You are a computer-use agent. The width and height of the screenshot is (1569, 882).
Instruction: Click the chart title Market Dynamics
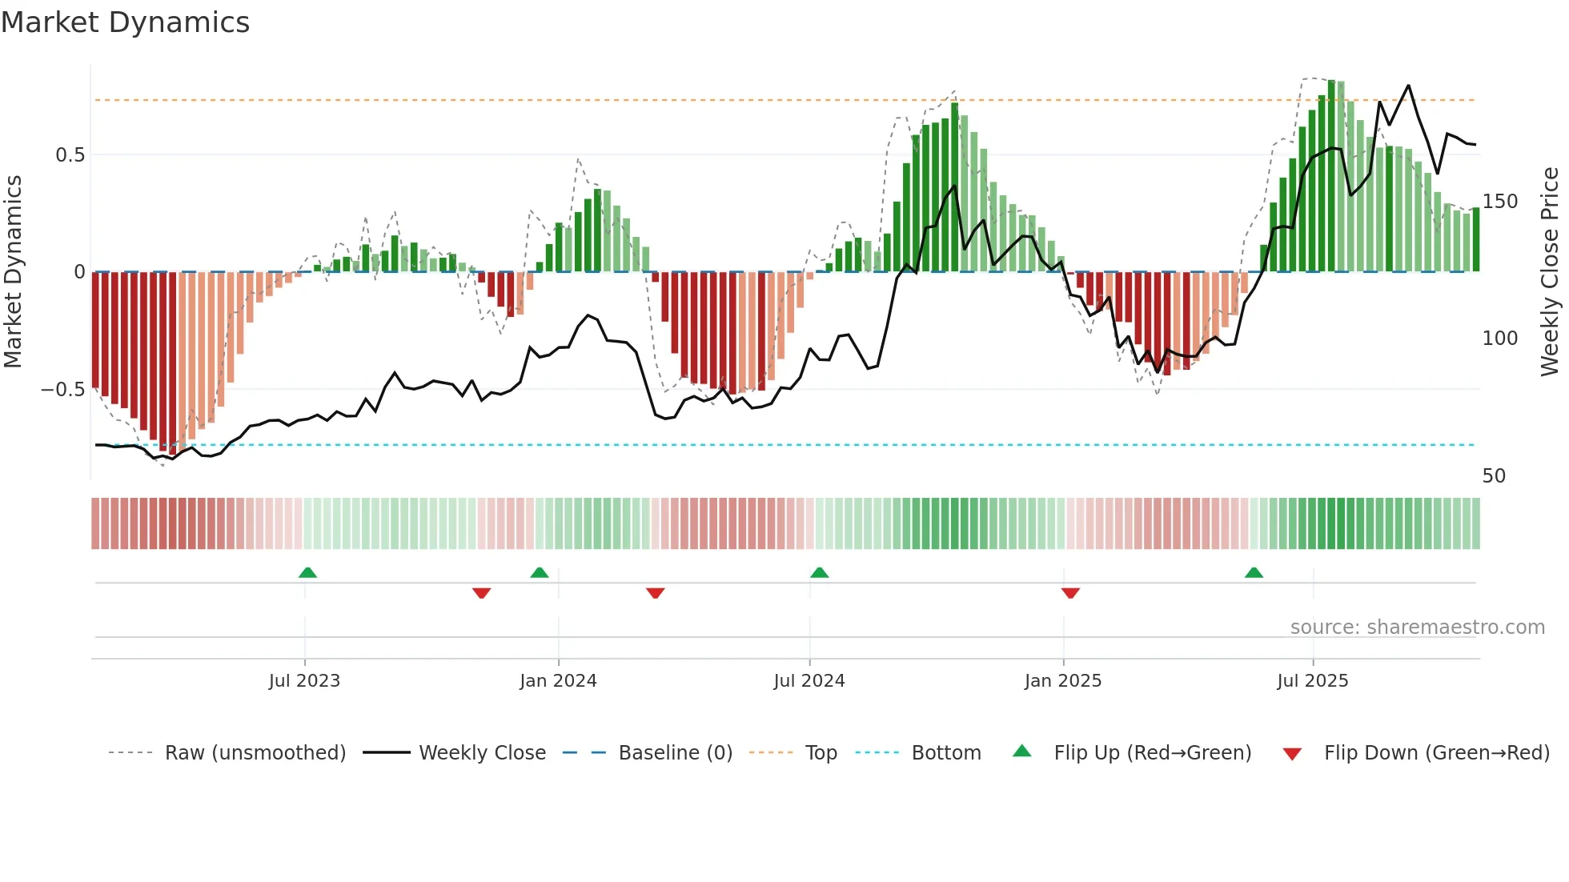[x=125, y=22]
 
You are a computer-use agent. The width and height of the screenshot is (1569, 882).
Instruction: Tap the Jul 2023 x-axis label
[x=304, y=681]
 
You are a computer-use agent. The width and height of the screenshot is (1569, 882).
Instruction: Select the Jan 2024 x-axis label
[x=558, y=681]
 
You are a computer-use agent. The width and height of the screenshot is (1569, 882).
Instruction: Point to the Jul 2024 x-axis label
[x=809, y=681]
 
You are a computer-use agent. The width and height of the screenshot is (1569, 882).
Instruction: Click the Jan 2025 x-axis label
[x=1063, y=681]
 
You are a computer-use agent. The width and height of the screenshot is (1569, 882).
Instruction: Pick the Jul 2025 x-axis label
[x=1313, y=681]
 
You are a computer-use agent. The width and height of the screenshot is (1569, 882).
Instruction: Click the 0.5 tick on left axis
[x=70, y=155]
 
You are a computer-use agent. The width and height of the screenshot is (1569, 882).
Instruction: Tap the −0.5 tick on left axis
[x=63, y=390]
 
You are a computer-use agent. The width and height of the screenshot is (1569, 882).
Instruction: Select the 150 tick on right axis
[x=1500, y=202]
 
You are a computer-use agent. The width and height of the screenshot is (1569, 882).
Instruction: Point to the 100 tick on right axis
[x=1500, y=339]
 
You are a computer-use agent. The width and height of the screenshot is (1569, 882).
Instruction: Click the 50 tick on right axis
[x=1494, y=476]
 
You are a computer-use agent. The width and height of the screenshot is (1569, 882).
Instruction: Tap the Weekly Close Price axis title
[x=1550, y=272]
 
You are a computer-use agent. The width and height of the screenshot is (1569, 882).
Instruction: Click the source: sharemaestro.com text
[x=1417, y=627]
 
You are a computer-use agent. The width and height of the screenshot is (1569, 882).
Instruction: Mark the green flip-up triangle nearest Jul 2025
[x=1254, y=573]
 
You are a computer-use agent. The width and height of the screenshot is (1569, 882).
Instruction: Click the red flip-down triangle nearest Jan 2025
[x=1070, y=592]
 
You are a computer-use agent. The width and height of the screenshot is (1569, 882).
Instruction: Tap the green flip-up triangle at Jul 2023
[x=307, y=573]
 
